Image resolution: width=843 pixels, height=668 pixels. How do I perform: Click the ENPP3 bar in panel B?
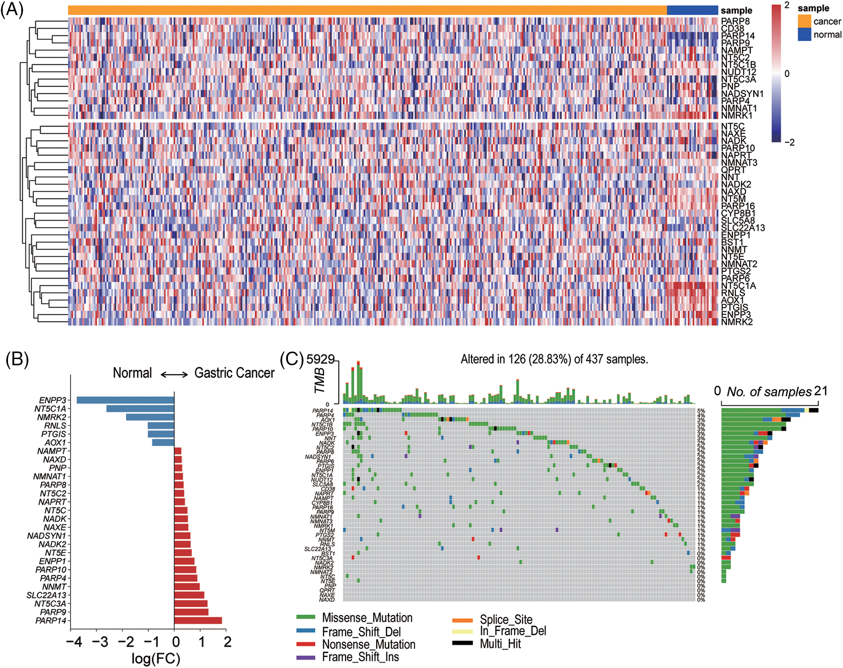(125, 400)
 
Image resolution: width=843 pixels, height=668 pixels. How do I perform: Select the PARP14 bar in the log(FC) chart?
(198, 621)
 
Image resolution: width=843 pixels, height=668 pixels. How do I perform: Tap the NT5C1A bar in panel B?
(140, 408)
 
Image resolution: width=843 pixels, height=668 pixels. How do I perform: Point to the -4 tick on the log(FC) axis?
(74, 642)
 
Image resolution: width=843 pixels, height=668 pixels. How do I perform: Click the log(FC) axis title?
(156, 658)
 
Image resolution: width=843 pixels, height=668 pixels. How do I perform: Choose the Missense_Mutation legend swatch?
(306, 617)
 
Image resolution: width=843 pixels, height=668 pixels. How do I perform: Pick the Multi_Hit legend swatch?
(462, 643)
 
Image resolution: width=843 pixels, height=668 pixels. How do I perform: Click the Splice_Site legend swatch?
(462, 620)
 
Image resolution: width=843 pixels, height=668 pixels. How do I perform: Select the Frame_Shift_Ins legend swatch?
(306, 657)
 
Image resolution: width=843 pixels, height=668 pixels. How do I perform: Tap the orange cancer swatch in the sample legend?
(804, 21)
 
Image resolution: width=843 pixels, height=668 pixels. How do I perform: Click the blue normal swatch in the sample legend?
(804, 34)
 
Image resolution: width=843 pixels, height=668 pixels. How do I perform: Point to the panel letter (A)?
(12, 9)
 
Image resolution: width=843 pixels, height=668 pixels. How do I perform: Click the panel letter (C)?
(292, 359)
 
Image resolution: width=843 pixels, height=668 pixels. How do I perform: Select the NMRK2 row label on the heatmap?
(737, 322)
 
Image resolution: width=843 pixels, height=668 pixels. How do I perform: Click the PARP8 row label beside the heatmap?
(735, 21)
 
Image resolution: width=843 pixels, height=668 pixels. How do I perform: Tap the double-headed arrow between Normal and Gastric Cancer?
(174, 375)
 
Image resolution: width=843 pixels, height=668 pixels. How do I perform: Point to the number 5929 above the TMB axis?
(320, 360)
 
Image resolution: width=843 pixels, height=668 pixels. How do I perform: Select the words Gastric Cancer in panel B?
(234, 373)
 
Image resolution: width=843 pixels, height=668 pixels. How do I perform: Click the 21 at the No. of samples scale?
(821, 391)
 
